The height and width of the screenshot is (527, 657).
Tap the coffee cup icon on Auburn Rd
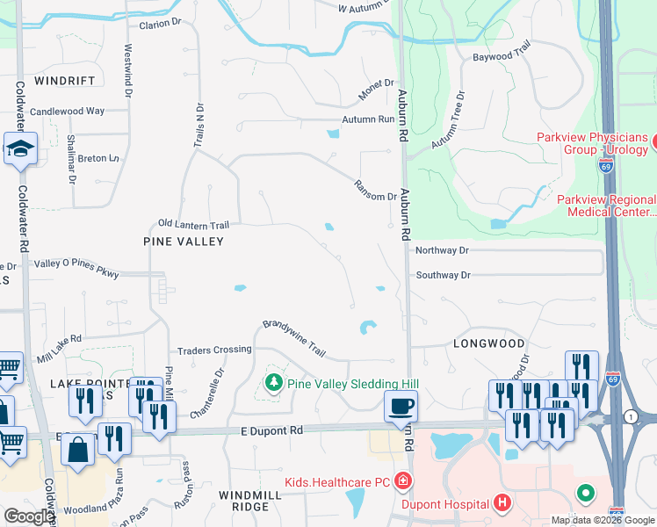[401, 406]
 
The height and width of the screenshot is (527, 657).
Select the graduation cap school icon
[19, 150]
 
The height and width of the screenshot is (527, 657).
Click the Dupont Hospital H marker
[502, 503]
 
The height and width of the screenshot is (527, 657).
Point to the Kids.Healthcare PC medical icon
[402, 481]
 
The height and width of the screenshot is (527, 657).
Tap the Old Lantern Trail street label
[193, 225]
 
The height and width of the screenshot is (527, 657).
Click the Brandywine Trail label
[294, 338]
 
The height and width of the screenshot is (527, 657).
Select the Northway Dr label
[443, 250]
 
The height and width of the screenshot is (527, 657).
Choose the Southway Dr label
[443, 275]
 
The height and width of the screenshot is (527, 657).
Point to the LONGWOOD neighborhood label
[489, 343]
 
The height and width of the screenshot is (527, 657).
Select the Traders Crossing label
[214, 350]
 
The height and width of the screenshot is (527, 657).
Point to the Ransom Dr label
[375, 190]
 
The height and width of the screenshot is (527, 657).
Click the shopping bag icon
[78, 450]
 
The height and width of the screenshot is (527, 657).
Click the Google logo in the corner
[29, 516]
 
